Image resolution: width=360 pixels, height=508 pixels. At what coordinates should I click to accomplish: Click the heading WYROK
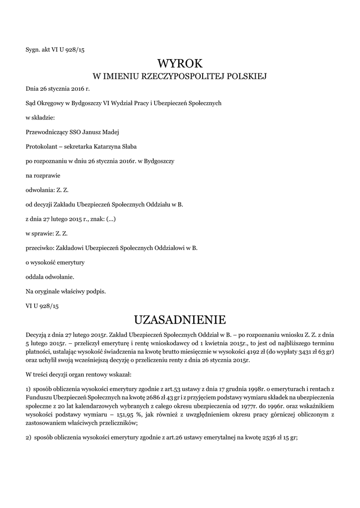(180, 63)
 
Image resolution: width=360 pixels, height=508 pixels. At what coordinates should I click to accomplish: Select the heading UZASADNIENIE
(180, 318)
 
